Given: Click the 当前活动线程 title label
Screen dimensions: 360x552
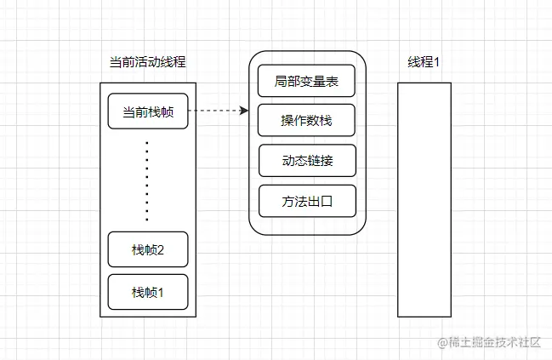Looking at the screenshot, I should [x=148, y=63].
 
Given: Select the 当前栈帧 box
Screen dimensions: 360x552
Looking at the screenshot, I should [x=147, y=111].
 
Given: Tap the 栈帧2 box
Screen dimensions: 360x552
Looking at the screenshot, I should [x=147, y=249].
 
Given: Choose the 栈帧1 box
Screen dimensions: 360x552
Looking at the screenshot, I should [x=147, y=292].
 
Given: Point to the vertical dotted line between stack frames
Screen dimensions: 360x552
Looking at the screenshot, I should [x=147, y=180].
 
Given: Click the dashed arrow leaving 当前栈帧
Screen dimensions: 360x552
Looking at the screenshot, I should [x=213, y=111].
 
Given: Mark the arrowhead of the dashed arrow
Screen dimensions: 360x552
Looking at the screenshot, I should [x=244, y=111].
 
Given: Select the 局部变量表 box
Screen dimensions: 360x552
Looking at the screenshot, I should [x=306, y=81].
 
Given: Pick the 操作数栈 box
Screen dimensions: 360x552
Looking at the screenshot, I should [x=306, y=120].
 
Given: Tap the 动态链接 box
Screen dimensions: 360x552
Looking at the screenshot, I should [x=306, y=161].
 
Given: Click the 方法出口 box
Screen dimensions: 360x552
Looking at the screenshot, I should [x=306, y=202].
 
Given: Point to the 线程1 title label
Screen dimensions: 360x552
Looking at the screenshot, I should [x=424, y=63].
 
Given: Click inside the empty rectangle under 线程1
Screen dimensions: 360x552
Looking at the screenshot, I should [x=424, y=200].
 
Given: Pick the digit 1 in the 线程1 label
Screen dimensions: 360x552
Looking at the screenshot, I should [x=435, y=63].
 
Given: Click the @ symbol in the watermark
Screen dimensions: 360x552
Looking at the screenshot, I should [x=442, y=342].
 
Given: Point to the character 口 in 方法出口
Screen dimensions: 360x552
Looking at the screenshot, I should [x=325, y=202].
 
